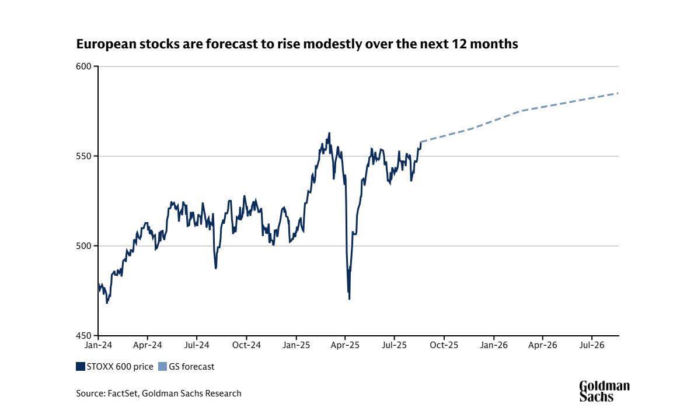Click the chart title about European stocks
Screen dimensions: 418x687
click(x=297, y=44)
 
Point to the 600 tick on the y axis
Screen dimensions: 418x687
click(x=85, y=66)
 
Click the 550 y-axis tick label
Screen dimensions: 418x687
click(x=85, y=156)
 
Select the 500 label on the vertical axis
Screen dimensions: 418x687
click(x=85, y=246)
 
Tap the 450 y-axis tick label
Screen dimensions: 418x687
click(x=85, y=336)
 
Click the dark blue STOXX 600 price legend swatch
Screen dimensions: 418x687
click(x=81, y=367)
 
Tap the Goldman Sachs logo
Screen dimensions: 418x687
click(x=604, y=391)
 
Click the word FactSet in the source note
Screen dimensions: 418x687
click(x=124, y=394)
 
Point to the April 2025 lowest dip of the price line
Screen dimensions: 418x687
click(x=349, y=299)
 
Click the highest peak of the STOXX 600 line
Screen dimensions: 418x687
click(x=329, y=133)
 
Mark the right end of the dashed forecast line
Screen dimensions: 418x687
click(x=618, y=93)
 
